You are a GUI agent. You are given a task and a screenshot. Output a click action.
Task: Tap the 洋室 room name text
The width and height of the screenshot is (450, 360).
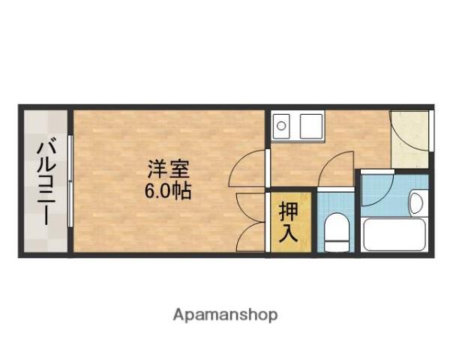point(167,168)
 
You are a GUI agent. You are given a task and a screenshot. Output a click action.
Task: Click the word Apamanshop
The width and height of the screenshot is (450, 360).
point(225,314)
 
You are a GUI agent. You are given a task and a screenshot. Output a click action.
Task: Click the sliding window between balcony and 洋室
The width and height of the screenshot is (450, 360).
point(70,181)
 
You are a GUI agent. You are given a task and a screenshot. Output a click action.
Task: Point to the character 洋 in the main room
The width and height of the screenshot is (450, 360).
point(156,168)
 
